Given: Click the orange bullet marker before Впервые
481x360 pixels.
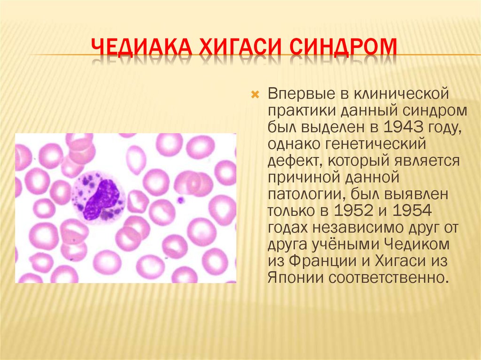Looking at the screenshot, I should tap(256, 95).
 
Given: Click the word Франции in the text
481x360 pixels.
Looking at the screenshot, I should tap(318, 260).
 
